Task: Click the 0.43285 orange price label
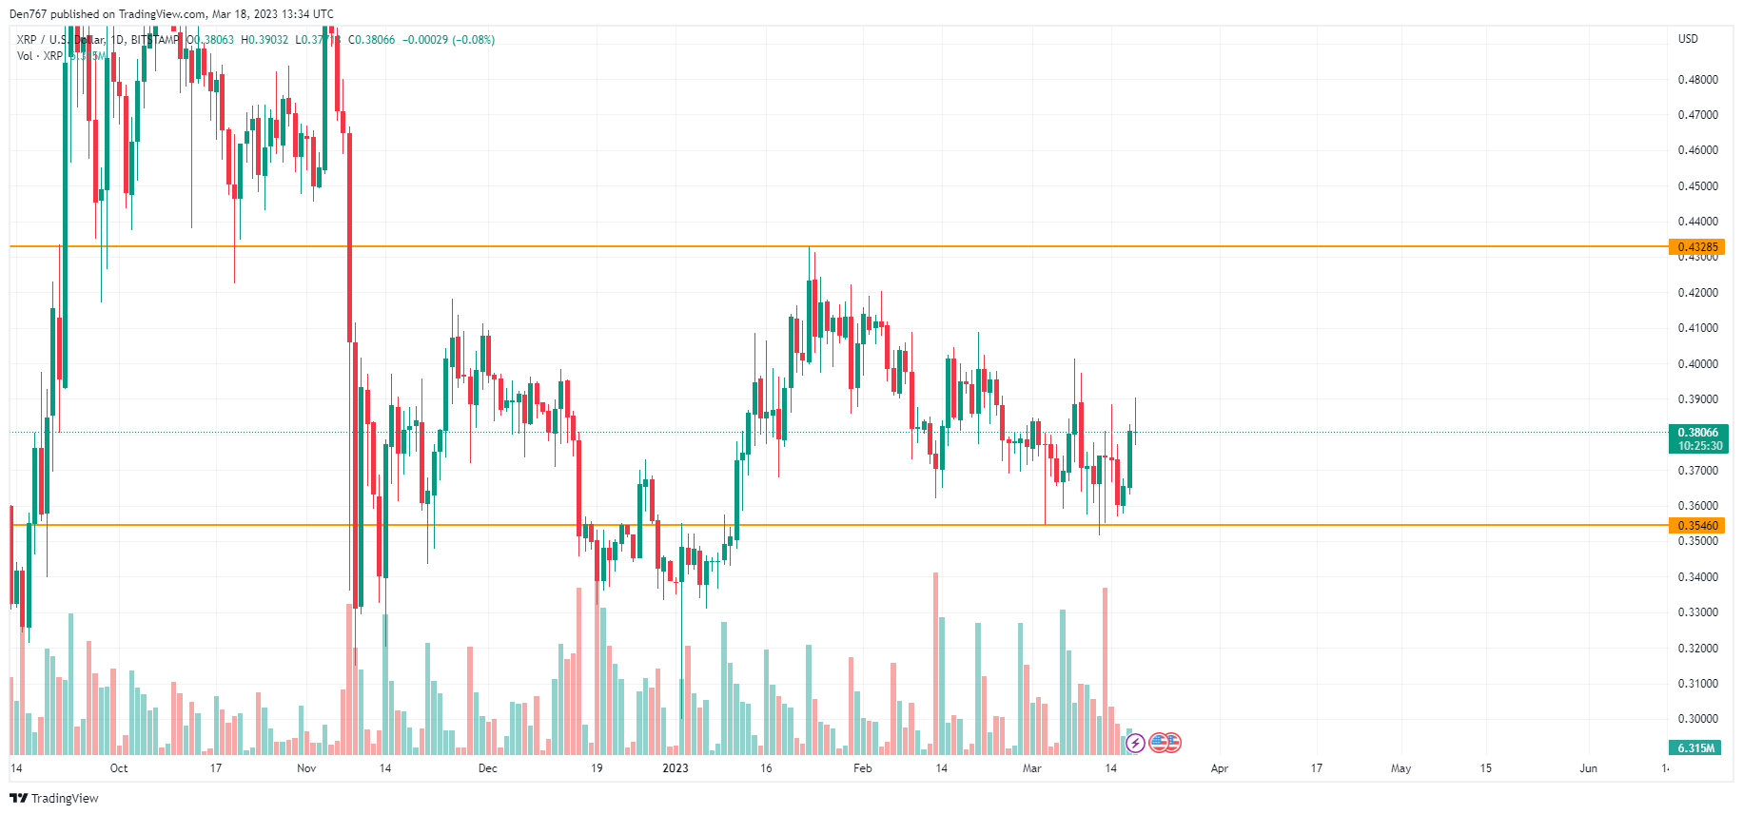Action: (x=1697, y=247)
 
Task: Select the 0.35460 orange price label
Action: (x=1697, y=525)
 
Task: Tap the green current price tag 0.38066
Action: (x=1697, y=433)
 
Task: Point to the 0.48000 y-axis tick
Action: (x=1697, y=80)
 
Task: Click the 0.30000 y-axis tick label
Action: (x=1697, y=719)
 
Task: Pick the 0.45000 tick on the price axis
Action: (x=1697, y=186)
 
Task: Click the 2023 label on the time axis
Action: (x=676, y=768)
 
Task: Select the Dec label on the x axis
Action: (x=487, y=768)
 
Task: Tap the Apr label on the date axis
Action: (x=1220, y=768)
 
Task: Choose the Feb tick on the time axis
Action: (x=862, y=768)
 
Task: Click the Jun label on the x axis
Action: (x=1588, y=768)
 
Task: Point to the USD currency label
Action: (x=1688, y=39)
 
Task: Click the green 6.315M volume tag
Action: (x=1695, y=748)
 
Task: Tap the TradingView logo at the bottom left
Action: (x=54, y=798)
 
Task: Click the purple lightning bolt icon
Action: (x=1135, y=744)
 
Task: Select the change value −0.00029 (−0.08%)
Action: (x=448, y=40)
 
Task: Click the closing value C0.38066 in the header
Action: (x=371, y=40)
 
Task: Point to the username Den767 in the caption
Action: (x=28, y=14)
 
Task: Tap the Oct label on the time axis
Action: (x=119, y=768)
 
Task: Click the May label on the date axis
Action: (x=1400, y=768)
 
